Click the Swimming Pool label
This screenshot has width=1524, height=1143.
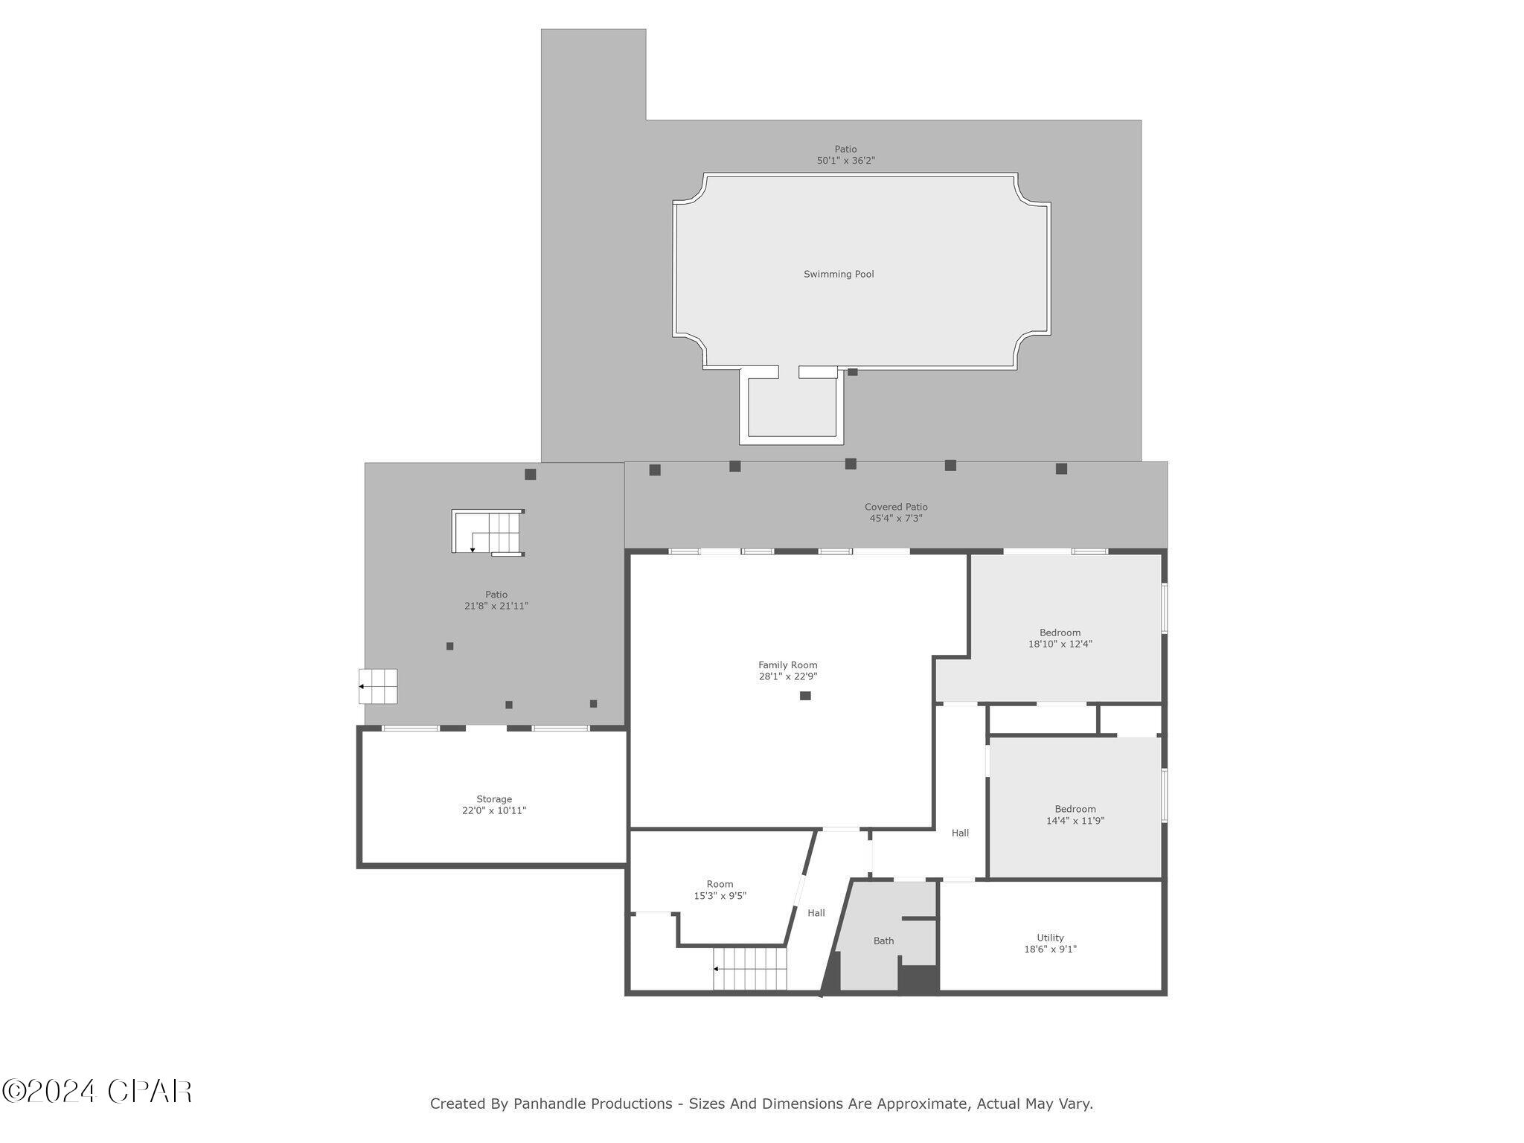839,275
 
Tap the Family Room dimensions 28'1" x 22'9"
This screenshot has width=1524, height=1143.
788,677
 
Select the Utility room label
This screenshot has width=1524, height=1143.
1050,938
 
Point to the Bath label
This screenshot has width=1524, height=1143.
883,941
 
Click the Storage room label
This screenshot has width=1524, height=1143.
494,799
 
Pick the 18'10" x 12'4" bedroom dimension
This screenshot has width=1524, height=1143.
1060,644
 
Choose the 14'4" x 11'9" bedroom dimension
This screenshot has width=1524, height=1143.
1075,822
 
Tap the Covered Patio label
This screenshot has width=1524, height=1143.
896,507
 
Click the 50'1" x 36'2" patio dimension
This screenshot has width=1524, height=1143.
845,161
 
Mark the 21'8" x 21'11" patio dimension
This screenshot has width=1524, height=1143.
496,606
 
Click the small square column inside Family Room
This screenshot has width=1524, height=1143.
805,696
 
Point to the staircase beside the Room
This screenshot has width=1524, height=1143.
749,969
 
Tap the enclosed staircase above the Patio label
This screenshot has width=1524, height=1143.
488,532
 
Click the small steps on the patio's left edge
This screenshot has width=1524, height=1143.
379,686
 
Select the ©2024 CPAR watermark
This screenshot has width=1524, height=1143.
97,1092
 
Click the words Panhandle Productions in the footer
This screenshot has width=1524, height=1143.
593,1104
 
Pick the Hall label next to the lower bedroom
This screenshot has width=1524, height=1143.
960,833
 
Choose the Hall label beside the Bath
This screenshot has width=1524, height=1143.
816,913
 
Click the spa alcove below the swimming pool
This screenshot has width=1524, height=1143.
792,407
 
